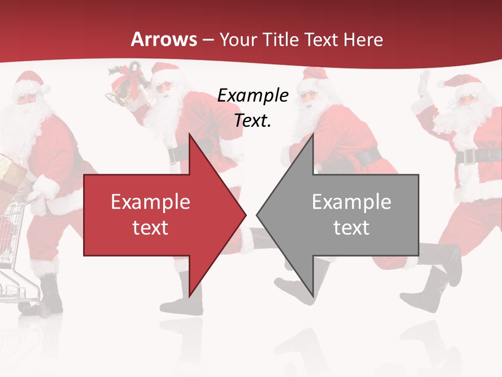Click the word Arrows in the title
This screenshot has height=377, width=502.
tap(164, 39)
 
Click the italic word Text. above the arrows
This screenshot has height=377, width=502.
tap(253, 120)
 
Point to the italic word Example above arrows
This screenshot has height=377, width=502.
tap(253, 96)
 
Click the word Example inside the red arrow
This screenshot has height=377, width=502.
tap(151, 202)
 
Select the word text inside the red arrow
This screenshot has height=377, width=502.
tap(151, 228)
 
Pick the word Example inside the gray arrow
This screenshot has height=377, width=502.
tap(351, 202)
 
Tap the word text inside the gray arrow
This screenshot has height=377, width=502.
tap(351, 228)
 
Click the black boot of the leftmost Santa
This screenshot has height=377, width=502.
tap(51, 296)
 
